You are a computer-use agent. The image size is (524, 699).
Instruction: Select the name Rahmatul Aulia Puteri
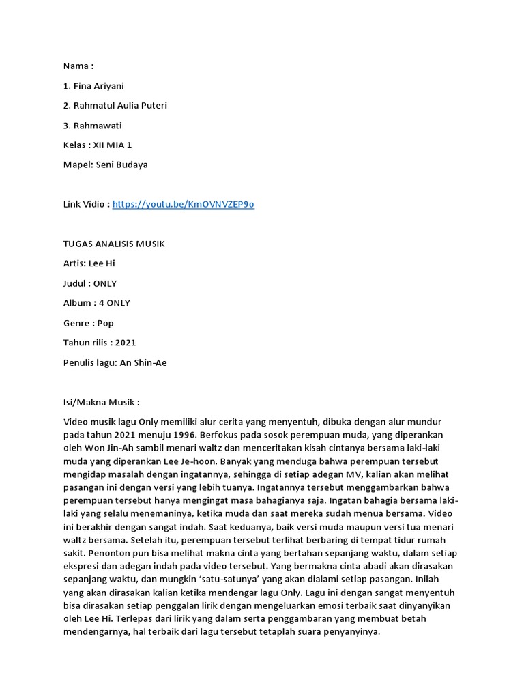pos(119,105)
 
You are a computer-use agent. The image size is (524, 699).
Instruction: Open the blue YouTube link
pos(183,204)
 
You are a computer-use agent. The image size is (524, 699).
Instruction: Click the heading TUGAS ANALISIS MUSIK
pos(114,244)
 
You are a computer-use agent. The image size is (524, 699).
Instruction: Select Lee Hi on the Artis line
pos(102,263)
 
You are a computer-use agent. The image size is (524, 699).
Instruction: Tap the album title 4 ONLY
pos(115,303)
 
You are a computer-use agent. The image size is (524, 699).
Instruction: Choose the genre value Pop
pos(105,323)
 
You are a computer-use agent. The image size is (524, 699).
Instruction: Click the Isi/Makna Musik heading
pos(101,402)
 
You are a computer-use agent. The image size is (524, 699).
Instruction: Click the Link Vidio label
pos(85,204)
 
